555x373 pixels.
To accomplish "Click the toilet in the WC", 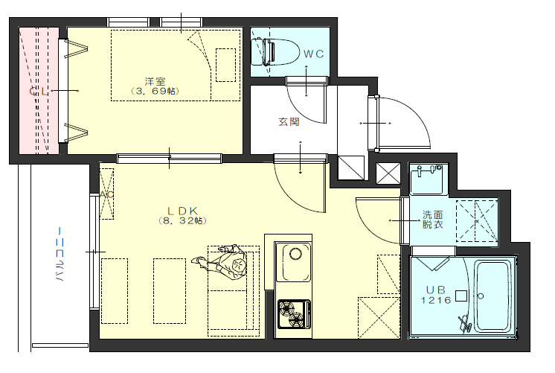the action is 273,51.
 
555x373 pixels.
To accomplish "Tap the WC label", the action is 314,54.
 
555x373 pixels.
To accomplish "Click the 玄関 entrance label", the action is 289,122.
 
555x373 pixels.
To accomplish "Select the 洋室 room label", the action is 155,81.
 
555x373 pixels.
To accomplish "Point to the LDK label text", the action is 182,211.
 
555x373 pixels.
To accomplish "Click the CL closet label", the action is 39,92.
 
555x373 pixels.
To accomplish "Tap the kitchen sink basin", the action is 293,262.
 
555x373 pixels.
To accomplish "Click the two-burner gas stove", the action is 294,314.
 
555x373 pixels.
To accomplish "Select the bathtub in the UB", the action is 493,296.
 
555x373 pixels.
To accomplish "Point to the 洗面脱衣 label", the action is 432,220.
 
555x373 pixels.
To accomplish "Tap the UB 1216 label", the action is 436,295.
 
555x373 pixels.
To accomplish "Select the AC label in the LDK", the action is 106,194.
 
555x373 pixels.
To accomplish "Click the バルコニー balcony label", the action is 60,255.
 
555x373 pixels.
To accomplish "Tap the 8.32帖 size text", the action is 182,221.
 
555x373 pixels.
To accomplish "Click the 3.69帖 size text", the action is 155,92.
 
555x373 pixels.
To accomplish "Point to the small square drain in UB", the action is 461,296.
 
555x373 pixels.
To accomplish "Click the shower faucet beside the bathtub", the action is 465,322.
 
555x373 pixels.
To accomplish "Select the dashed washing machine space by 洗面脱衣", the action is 477,221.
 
